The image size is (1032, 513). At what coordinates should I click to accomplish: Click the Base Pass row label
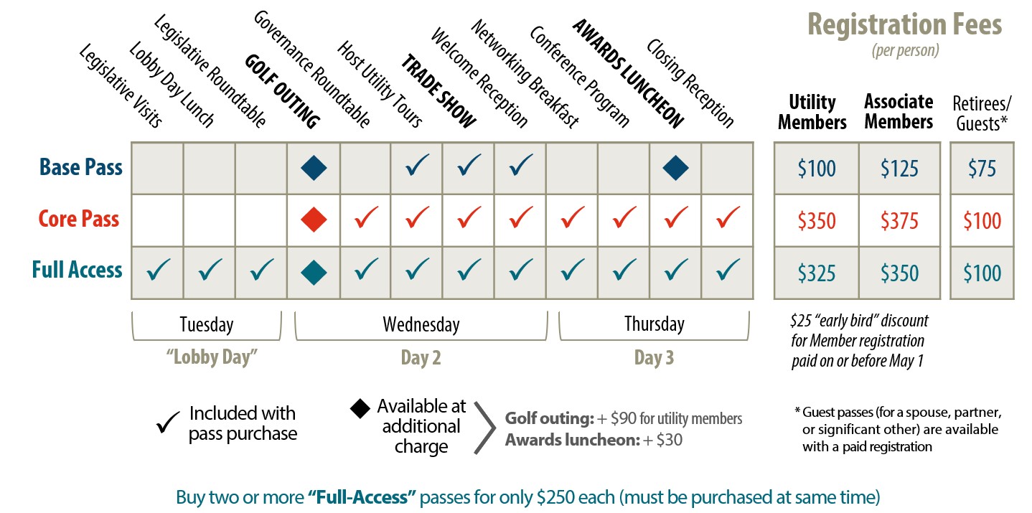(x=81, y=168)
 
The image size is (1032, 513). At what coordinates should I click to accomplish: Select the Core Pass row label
(x=80, y=220)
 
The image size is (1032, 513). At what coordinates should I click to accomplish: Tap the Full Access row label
(x=78, y=270)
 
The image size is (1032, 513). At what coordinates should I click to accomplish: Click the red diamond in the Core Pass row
(x=314, y=220)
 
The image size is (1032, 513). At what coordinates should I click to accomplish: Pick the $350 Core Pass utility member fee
(x=817, y=220)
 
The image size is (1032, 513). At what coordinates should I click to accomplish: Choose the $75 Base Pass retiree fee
(x=982, y=169)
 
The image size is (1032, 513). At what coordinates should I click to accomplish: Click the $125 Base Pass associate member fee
(x=899, y=169)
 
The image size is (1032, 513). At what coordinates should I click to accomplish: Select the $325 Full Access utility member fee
(x=817, y=273)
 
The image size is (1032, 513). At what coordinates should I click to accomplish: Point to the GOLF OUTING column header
(x=281, y=92)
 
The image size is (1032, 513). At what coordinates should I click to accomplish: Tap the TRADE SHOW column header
(x=438, y=91)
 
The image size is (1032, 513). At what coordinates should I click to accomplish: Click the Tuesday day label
(x=207, y=324)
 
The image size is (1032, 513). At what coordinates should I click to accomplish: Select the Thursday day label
(x=654, y=324)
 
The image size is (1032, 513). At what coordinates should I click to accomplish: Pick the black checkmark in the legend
(x=168, y=425)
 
